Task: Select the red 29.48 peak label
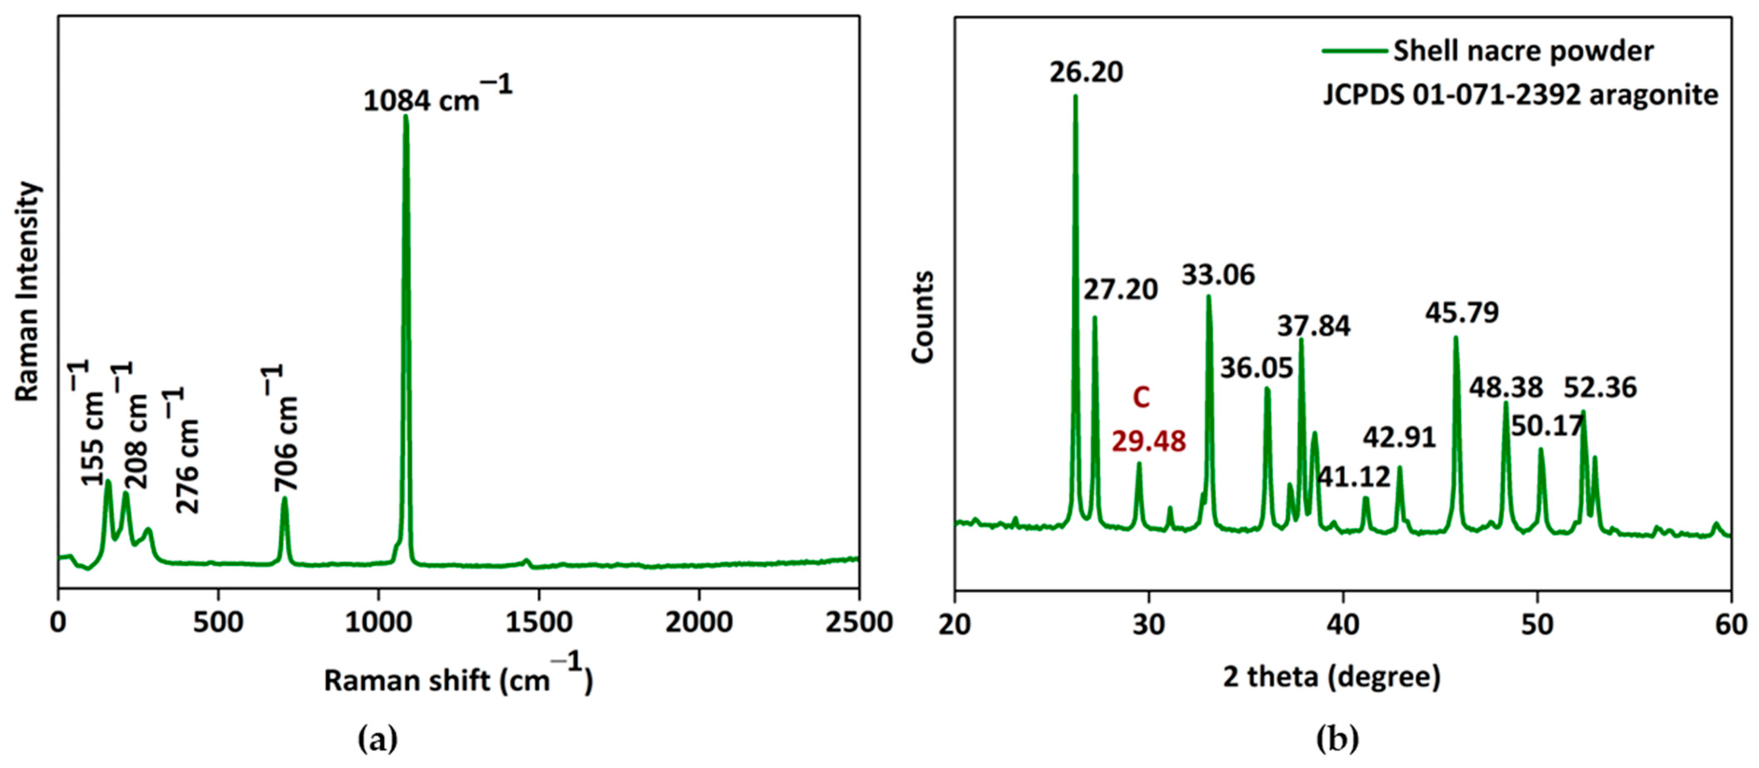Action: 1148,442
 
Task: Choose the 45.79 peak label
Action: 1461,313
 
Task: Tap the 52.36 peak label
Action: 1600,388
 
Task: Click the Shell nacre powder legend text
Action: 1523,51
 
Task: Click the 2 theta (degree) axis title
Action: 1331,676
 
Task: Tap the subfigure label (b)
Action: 1337,739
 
